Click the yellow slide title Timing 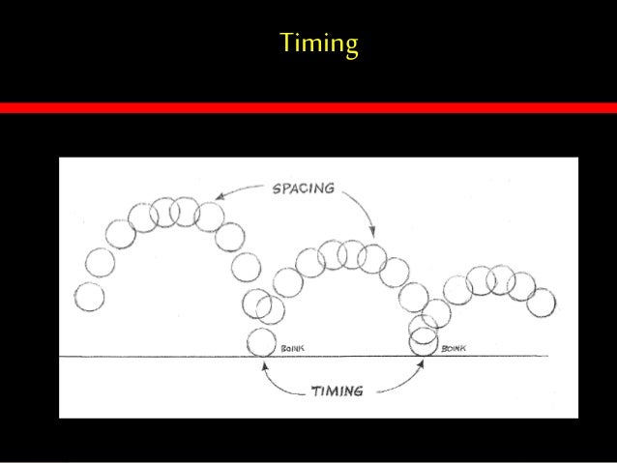[x=319, y=44]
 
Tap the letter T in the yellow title [x=286, y=43]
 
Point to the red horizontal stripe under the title [x=308, y=108]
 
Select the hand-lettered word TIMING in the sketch [x=337, y=391]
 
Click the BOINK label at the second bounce [x=454, y=348]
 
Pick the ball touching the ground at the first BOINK [x=260, y=342]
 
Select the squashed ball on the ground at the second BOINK [x=424, y=342]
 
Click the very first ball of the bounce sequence [x=89, y=297]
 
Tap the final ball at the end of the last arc [x=543, y=303]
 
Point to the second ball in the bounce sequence [x=100, y=261]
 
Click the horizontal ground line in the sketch [x=145, y=357]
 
